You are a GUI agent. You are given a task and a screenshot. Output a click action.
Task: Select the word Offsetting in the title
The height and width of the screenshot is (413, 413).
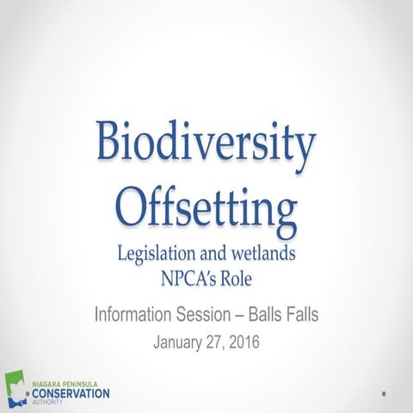tap(206, 206)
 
